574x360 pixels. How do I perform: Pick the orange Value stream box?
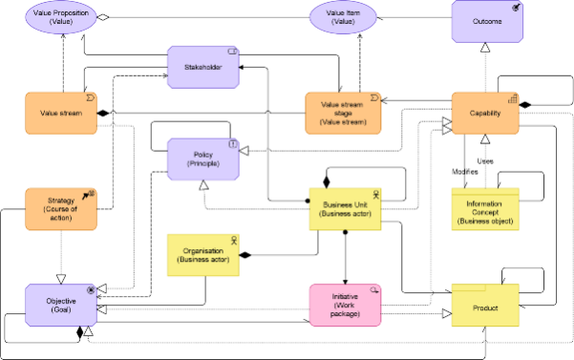61,114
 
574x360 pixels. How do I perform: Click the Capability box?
485,114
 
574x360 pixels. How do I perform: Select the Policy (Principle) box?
202,159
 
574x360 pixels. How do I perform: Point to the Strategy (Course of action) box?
61,208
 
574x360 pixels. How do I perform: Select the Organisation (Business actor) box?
202,254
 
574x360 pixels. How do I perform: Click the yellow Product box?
484,307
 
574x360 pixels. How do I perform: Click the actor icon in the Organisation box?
232,239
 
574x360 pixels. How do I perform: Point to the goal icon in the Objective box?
92,288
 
